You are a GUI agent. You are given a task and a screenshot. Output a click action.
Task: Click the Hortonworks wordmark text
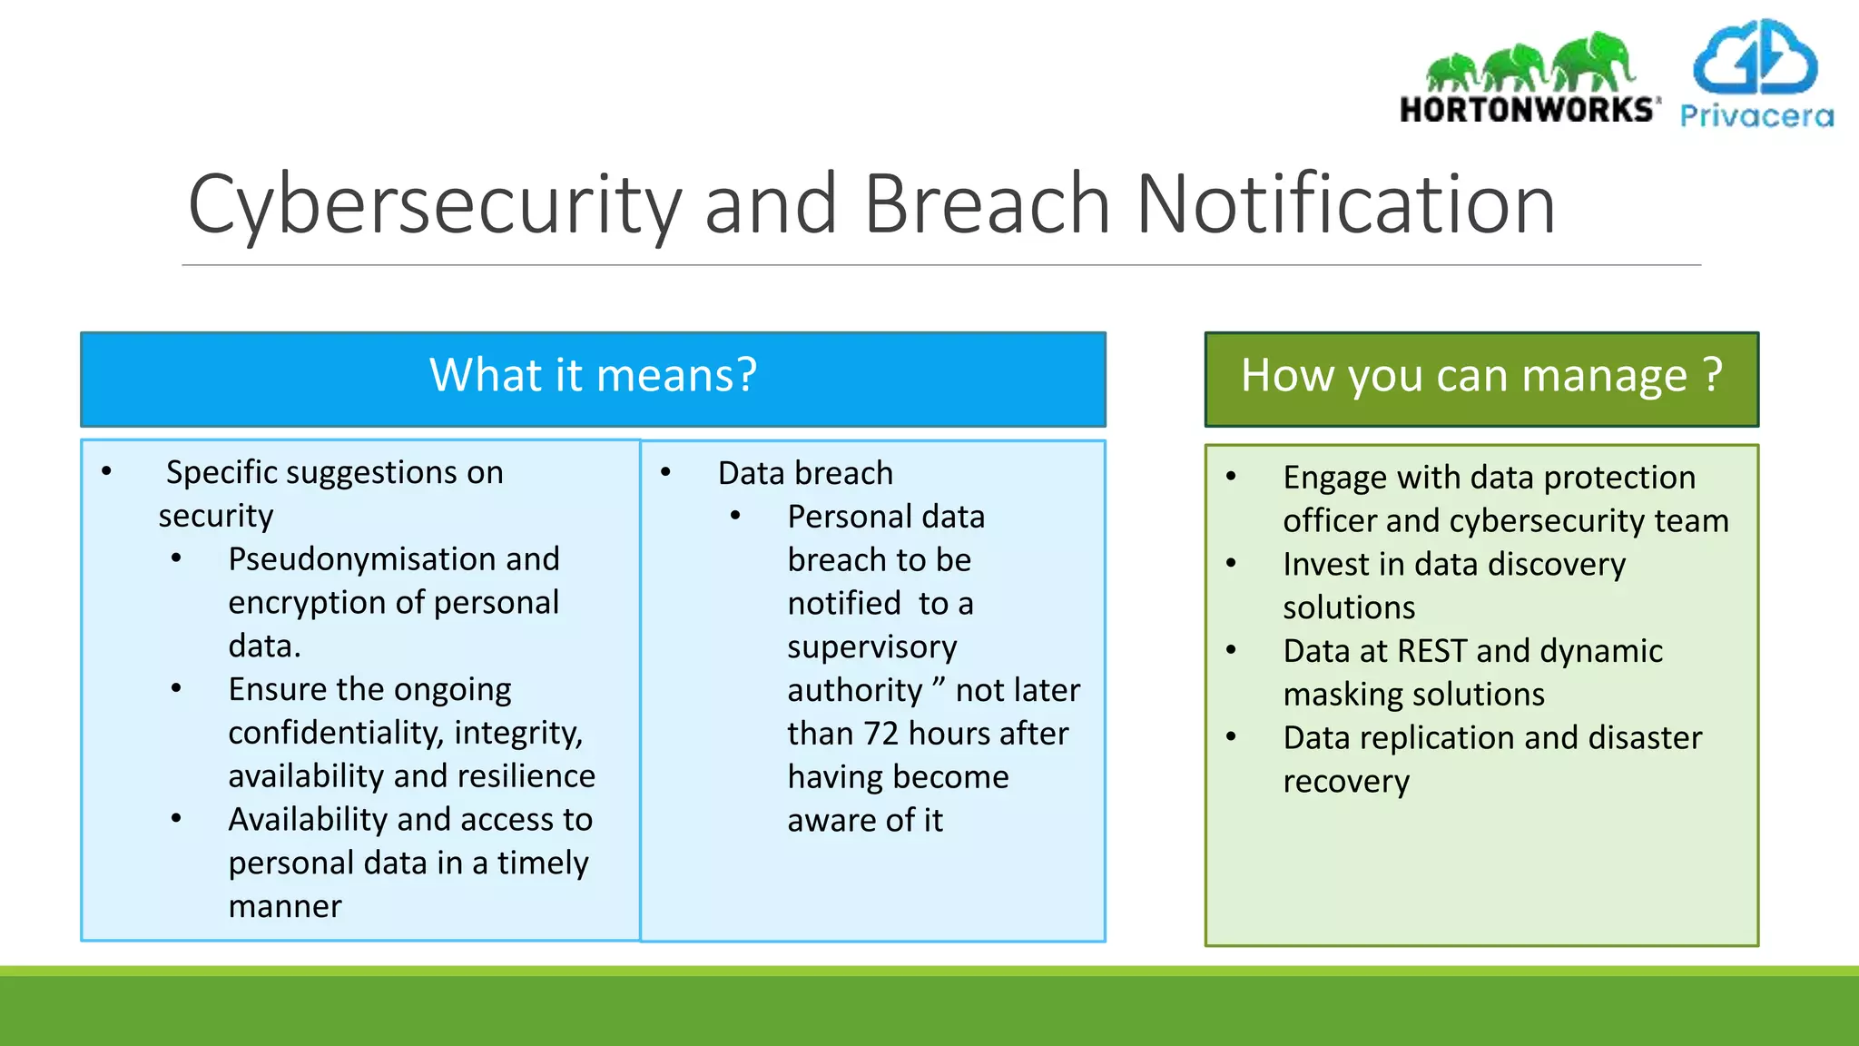(x=1527, y=110)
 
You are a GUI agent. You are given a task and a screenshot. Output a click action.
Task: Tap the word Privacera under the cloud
(x=1756, y=116)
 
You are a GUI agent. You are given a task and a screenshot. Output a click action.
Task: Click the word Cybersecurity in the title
(x=434, y=205)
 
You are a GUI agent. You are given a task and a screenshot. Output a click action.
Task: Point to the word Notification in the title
(x=1345, y=205)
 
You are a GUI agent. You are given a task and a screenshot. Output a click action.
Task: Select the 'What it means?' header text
(x=593, y=375)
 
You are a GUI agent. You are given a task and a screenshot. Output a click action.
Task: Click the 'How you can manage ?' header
(x=1480, y=375)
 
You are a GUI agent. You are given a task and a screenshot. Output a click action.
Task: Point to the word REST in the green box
(x=1431, y=651)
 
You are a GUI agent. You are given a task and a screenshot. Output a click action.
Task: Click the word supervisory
(x=871, y=647)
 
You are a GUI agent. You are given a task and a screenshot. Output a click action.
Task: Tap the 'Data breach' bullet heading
(x=805, y=473)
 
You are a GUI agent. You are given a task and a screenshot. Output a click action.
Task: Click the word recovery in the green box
(x=1346, y=782)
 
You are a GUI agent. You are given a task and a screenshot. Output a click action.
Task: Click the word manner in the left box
(x=285, y=906)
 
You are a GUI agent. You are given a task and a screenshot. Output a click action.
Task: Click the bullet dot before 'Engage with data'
(x=1231, y=477)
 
